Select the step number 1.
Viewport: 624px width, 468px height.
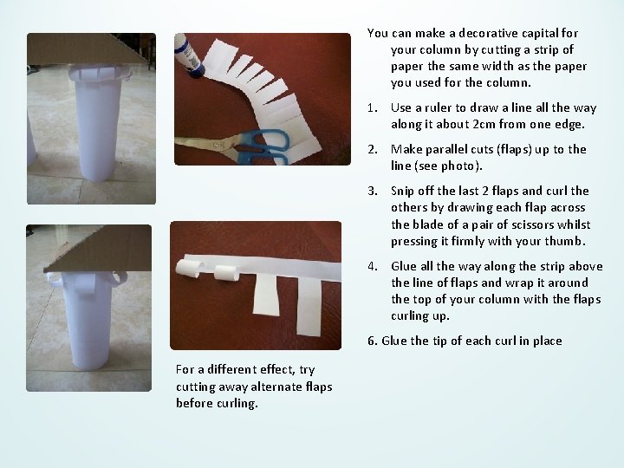pyautogui.click(x=372, y=107)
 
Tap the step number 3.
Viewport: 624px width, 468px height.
pyautogui.click(x=373, y=191)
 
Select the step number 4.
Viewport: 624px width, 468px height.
pyautogui.click(x=373, y=266)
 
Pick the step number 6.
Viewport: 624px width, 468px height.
pyautogui.click(x=372, y=341)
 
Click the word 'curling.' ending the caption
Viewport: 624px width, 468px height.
pyautogui.click(x=237, y=404)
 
